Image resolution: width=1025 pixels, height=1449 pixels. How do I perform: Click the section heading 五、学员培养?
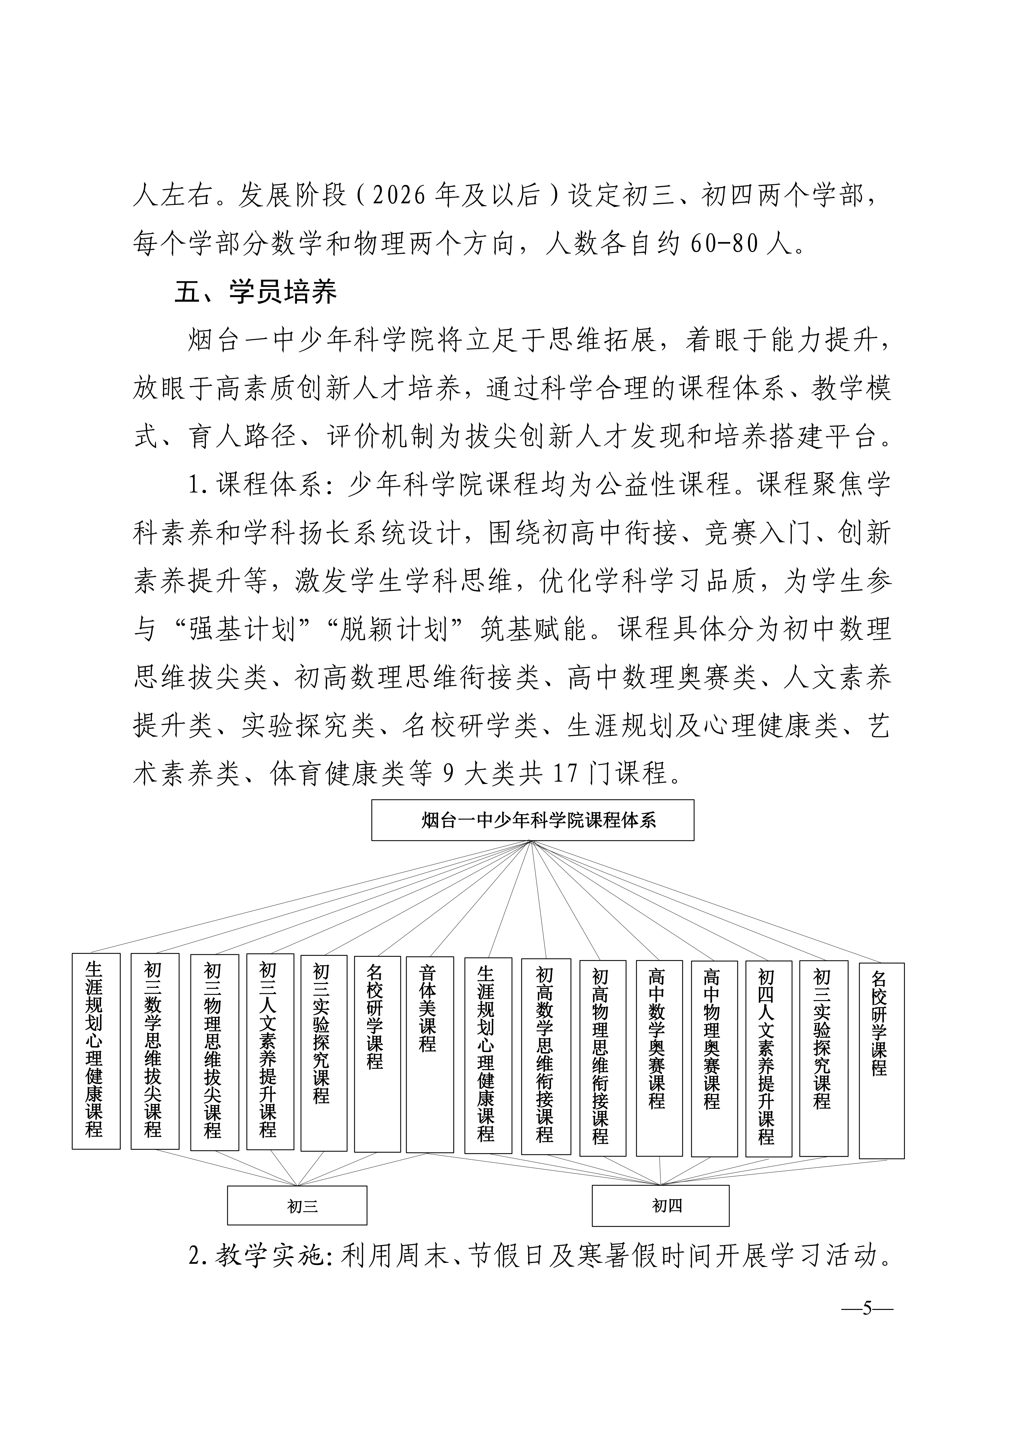[x=256, y=291]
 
